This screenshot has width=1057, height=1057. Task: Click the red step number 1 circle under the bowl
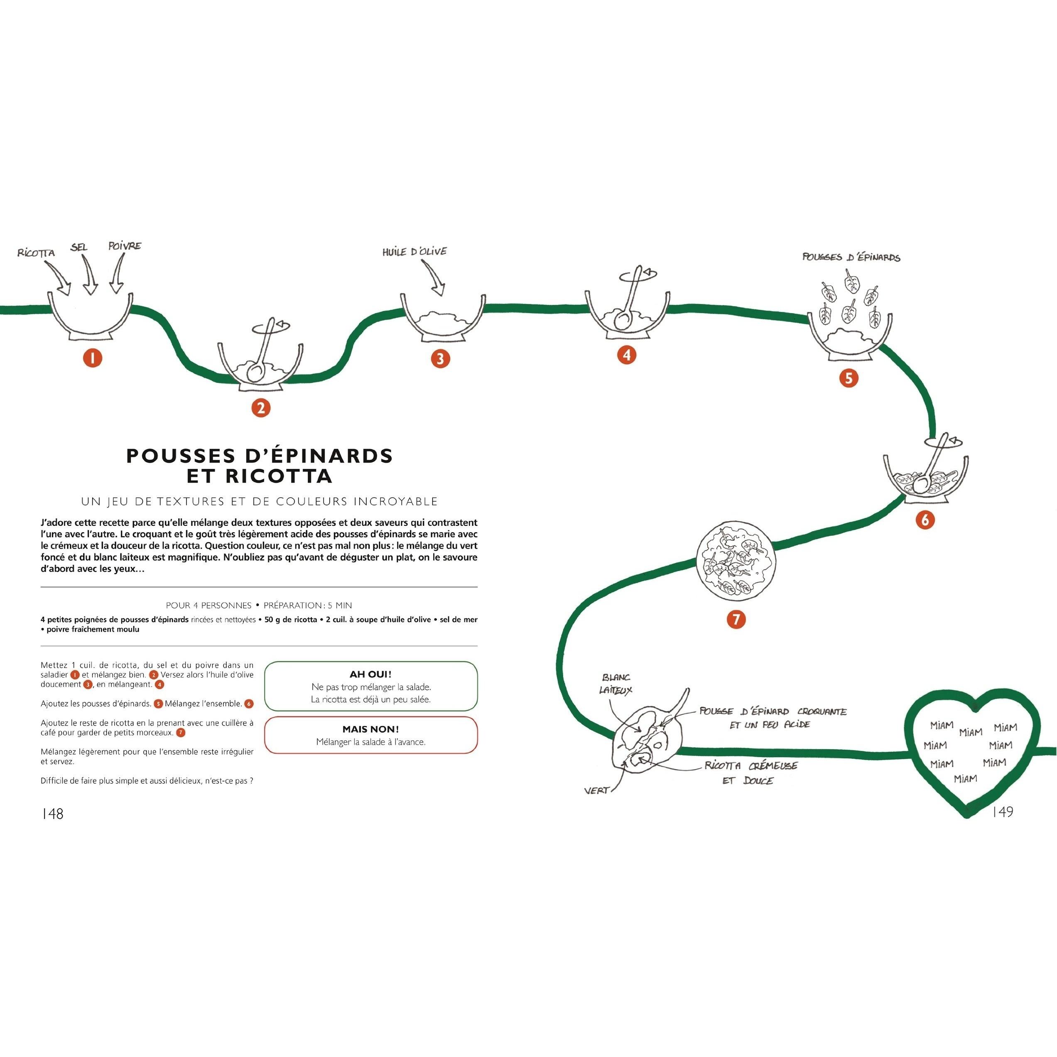click(93, 358)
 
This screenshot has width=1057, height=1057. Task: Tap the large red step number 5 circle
click(849, 378)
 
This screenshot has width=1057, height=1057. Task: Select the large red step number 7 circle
click(736, 619)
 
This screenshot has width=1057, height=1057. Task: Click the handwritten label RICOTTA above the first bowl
click(36, 253)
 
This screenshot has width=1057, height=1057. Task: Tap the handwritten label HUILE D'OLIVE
click(414, 252)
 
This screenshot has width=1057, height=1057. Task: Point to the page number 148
click(52, 814)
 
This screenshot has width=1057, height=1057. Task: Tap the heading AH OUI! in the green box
click(370, 674)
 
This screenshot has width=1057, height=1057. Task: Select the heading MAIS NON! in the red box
click(370, 729)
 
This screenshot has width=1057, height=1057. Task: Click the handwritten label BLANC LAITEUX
click(616, 684)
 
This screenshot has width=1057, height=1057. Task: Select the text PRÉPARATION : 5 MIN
click(307, 606)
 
